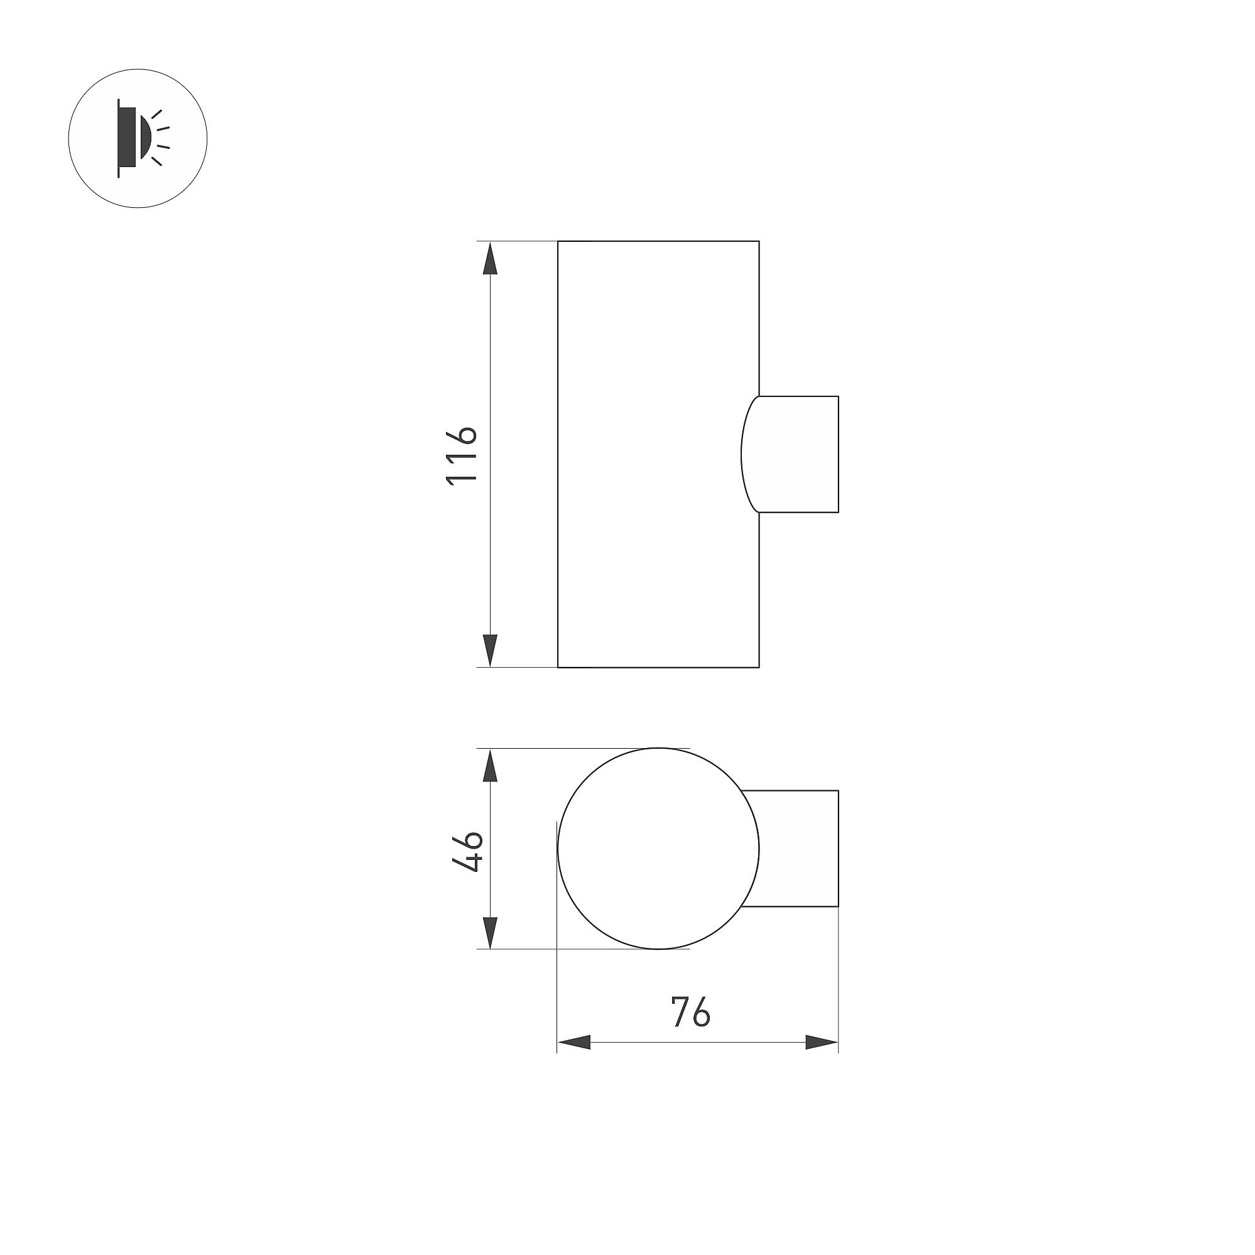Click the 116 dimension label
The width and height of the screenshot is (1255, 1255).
462,454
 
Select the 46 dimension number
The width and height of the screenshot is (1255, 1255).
467,850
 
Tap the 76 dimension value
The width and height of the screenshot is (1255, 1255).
690,1029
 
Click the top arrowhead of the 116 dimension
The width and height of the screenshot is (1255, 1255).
491,258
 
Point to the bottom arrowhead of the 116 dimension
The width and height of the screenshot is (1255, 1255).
491,650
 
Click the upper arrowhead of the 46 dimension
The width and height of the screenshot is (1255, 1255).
491,765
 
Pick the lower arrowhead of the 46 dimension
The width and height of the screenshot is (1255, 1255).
491,932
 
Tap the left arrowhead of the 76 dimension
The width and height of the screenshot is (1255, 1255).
574,1061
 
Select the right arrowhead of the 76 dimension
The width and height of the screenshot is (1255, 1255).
822,1061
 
